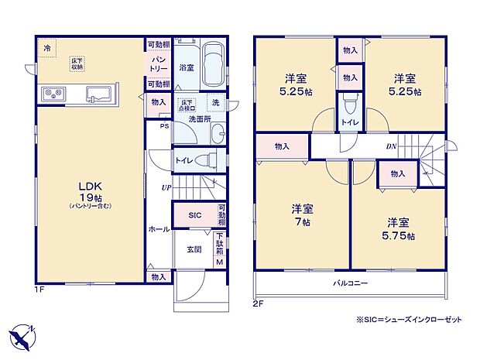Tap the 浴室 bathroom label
(187, 67)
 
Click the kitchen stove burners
(53, 95)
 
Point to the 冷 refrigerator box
(47, 48)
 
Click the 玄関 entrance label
(194, 249)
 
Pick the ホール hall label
(159, 229)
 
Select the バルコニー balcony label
(351, 283)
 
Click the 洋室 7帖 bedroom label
(300, 214)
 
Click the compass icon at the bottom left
(23, 335)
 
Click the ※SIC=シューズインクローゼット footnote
(397, 319)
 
